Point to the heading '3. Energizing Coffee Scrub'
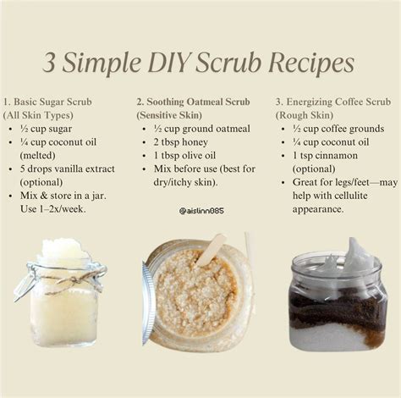click(x=333, y=101)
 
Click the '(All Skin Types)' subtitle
click(x=39, y=114)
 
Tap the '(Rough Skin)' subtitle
click(x=302, y=114)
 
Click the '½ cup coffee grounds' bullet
click(x=337, y=128)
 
